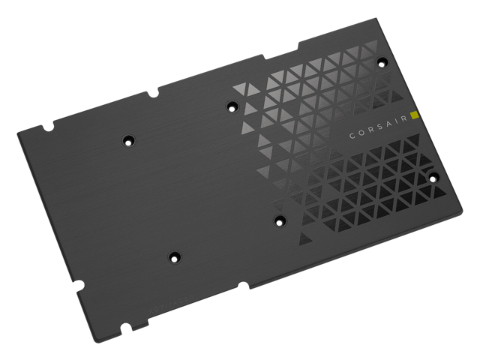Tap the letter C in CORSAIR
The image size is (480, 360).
(352, 136)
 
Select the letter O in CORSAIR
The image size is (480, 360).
(361, 134)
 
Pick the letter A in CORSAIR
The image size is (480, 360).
(388, 127)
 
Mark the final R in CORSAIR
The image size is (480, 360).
(404, 122)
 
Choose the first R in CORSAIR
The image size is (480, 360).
(370, 132)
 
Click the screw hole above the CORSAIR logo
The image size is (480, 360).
(382, 61)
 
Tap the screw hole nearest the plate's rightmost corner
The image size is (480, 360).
(433, 178)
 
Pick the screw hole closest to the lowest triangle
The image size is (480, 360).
(279, 220)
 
